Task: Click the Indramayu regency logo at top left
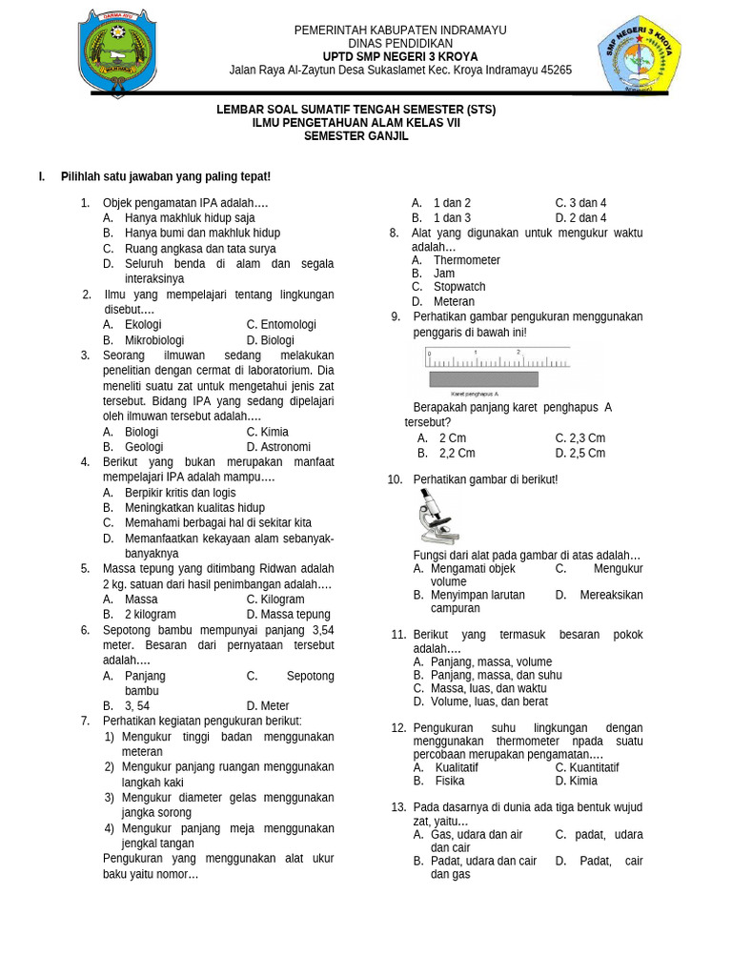pos(118,52)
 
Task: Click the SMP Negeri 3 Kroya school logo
pos(639,54)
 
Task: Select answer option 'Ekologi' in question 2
pos(143,325)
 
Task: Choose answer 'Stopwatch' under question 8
pos(459,287)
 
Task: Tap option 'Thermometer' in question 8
pos(467,260)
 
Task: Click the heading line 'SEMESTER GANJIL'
pos(356,136)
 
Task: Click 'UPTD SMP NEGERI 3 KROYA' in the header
pos(400,57)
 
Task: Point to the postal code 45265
pos(556,71)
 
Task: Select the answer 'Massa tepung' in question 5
pos(295,615)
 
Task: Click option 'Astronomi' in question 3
pos(286,447)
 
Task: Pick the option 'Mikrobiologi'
pos(154,340)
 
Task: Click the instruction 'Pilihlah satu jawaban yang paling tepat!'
pos(166,176)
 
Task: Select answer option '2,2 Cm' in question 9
pos(457,454)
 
